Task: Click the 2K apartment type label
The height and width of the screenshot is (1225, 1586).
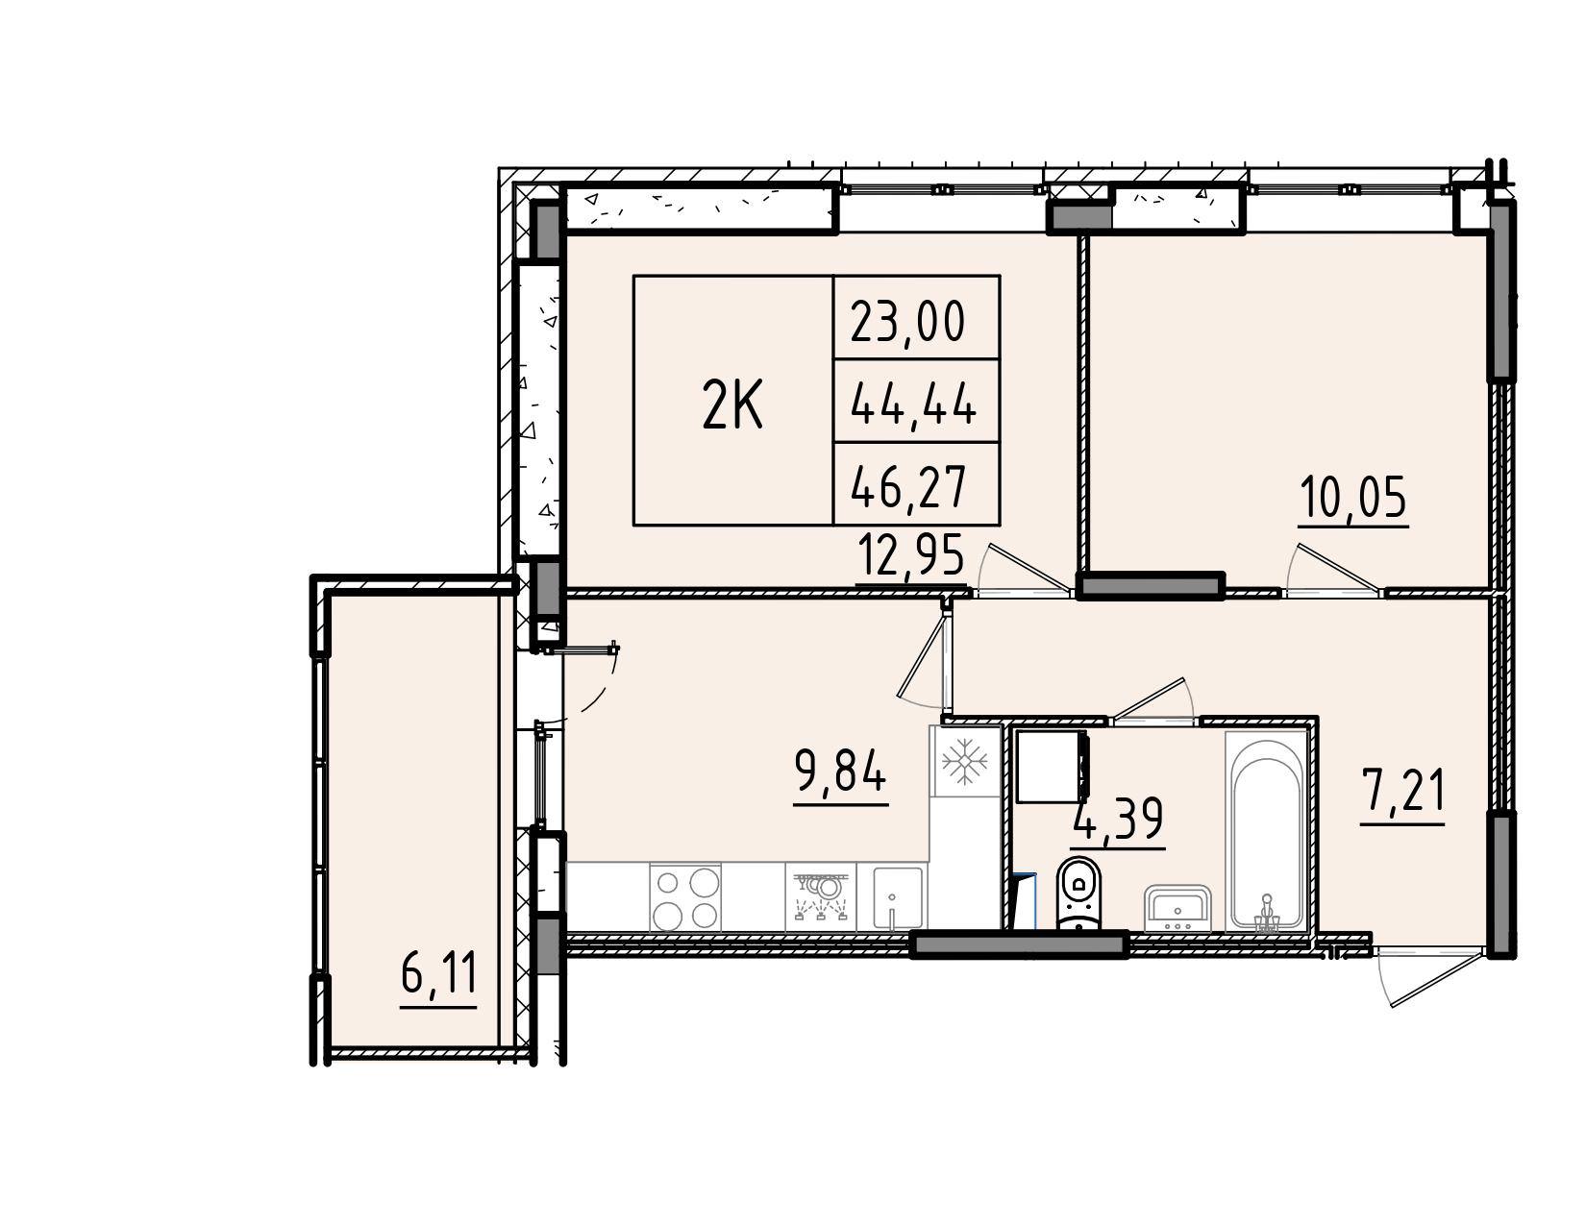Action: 732,406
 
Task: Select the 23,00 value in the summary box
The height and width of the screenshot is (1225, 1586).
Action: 908,322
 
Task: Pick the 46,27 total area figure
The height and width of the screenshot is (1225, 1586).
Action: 908,487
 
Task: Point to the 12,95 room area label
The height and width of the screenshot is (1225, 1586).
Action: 911,556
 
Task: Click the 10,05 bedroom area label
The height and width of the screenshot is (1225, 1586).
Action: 1352,498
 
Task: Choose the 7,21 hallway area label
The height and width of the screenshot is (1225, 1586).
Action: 1402,792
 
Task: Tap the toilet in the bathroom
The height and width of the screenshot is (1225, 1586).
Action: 1078,895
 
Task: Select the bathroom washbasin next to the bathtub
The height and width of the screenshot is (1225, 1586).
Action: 1178,908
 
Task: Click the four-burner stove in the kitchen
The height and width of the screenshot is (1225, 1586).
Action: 684,897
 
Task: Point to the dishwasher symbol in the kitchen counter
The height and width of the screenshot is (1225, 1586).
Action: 820,897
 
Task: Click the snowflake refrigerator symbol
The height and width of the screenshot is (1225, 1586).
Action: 965,762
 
